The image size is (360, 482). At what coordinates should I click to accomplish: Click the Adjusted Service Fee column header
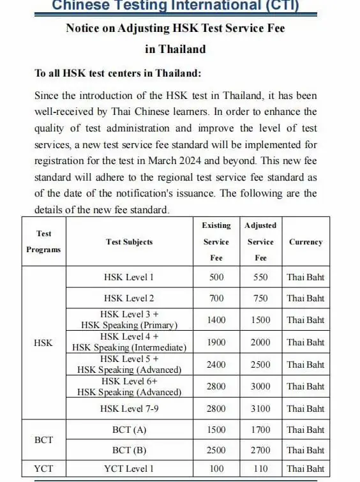tap(260, 241)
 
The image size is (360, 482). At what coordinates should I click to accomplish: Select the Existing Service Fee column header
tap(216, 241)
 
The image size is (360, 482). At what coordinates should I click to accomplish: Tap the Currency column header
tap(306, 242)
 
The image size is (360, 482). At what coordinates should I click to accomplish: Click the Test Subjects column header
tap(130, 242)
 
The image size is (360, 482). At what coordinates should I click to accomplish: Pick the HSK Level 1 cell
tap(129, 277)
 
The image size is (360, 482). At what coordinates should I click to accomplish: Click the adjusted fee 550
tap(260, 277)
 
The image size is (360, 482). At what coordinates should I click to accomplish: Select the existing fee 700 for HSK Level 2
tap(216, 298)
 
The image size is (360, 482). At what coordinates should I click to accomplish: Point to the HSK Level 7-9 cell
tap(129, 408)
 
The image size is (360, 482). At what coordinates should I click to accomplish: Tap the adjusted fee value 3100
tap(260, 408)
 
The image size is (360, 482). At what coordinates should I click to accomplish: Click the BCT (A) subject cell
tap(129, 430)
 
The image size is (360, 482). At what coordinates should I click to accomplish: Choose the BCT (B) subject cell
tap(129, 450)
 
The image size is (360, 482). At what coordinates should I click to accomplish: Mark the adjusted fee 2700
tap(260, 450)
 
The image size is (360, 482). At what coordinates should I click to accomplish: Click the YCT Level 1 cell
tap(129, 469)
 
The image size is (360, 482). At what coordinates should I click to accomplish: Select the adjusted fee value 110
tap(260, 469)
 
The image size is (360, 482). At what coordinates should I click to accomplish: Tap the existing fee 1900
tap(216, 342)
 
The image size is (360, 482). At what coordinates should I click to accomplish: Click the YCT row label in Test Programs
tap(43, 469)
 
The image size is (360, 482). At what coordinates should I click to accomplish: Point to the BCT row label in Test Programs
tap(43, 440)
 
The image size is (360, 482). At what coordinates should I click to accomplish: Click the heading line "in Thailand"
tap(176, 49)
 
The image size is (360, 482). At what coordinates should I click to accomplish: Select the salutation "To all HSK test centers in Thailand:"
tap(118, 73)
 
